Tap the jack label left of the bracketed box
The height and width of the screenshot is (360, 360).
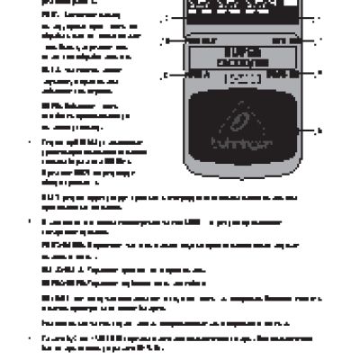194,73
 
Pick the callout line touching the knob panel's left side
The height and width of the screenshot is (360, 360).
174,17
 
